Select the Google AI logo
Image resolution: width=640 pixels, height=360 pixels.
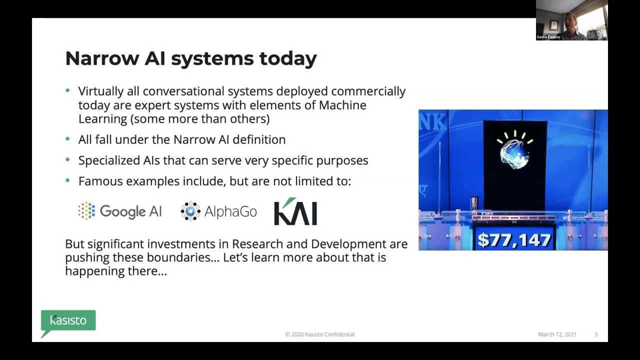pyautogui.click(x=120, y=211)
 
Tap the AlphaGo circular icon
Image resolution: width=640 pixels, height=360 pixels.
pyautogui.click(x=190, y=211)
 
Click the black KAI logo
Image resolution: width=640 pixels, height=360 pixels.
pyautogui.click(x=295, y=211)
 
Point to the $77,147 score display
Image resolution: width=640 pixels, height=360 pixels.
pyautogui.click(x=514, y=240)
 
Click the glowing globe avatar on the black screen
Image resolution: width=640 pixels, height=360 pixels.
pyautogui.click(x=514, y=150)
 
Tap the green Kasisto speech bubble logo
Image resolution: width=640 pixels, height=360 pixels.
pyautogui.click(x=68, y=321)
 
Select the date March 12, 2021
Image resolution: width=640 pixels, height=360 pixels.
pyautogui.click(x=557, y=334)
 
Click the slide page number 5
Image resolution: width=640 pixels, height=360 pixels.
pyautogui.click(x=596, y=334)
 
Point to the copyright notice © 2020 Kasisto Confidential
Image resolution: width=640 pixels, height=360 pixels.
pyautogui.click(x=320, y=334)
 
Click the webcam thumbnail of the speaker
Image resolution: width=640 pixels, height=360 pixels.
pyautogui.click(x=571, y=20)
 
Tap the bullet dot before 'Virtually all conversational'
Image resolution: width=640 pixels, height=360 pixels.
pyautogui.click(x=68, y=91)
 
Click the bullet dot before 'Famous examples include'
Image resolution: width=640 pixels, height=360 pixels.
pyautogui.click(x=68, y=180)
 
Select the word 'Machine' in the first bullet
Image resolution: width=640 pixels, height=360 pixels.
pyautogui.click(x=342, y=105)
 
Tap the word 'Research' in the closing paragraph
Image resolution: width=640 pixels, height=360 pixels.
pyautogui.click(x=256, y=244)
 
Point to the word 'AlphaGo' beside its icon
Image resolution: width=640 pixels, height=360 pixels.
pyautogui.click(x=230, y=211)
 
